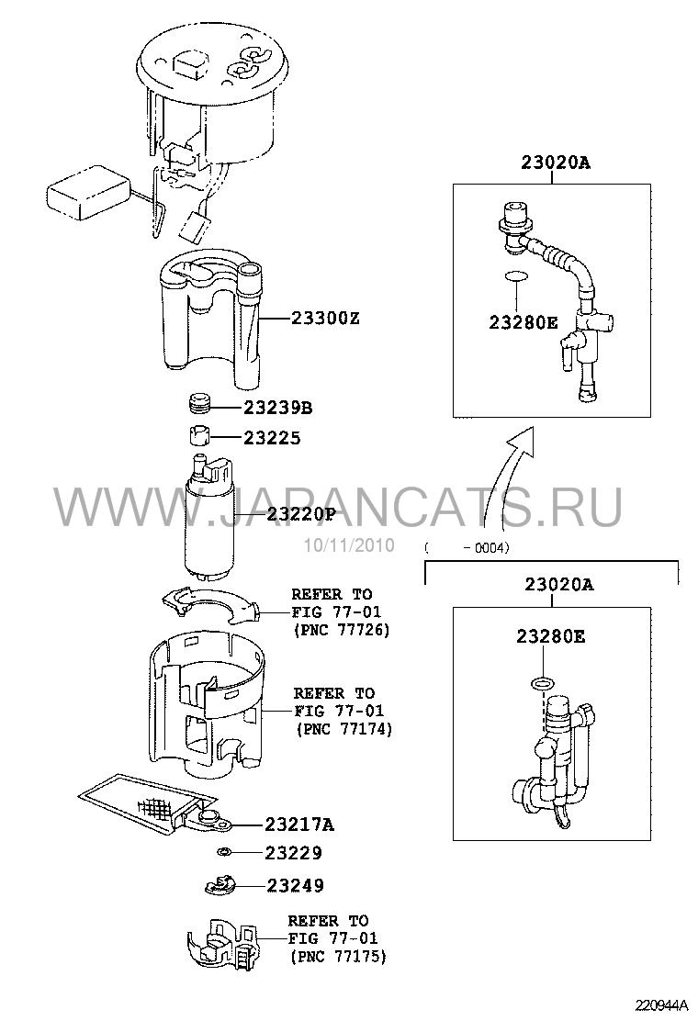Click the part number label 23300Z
324,320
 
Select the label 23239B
278,409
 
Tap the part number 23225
272,438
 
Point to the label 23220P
301,515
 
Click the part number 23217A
299,825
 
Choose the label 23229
293,852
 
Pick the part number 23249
295,885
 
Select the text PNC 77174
345,729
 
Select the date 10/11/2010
348,545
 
